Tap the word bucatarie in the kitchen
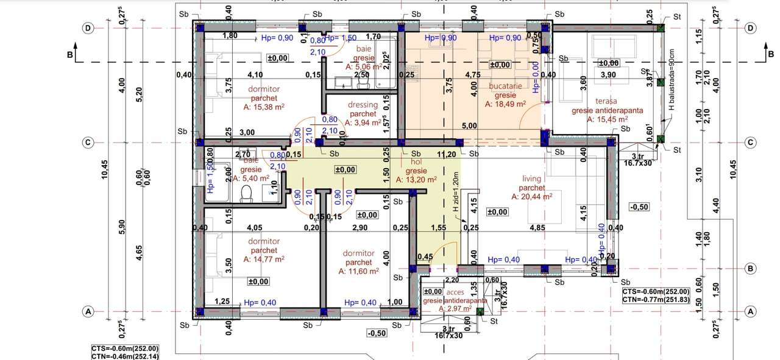pos(505,86)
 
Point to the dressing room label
pos(363,105)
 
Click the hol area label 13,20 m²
pos(416,180)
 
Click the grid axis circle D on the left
pos(88,28)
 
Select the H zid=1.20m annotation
pos(455,192)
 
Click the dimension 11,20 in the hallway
pos(447,155)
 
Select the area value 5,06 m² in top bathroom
pos(364,67)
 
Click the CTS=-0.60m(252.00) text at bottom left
pos(125,348)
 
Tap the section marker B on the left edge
pos(71,54)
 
